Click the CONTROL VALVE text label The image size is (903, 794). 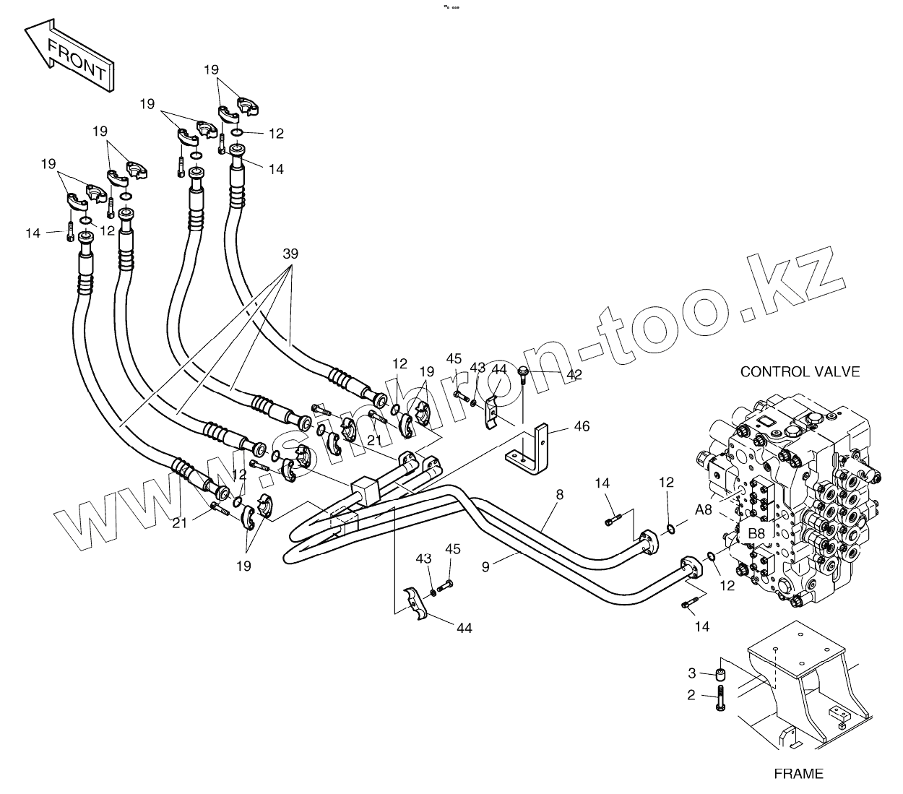[x=800, y=372]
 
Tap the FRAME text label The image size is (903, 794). [x=798, y=774]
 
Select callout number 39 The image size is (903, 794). [x=290, y=254]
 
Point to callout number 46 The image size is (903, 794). [x=582, y=426]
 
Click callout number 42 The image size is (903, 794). [x=574, y=375]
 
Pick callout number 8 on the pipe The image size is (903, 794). [x=559, y=495]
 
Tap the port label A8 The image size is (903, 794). [x=703, y=510]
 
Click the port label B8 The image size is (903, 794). [x=756, y=533]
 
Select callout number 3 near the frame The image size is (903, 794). [x=691, y=673]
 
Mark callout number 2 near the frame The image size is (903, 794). [x=691, y=696]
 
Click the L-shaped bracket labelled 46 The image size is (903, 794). [x=534, y=448]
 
